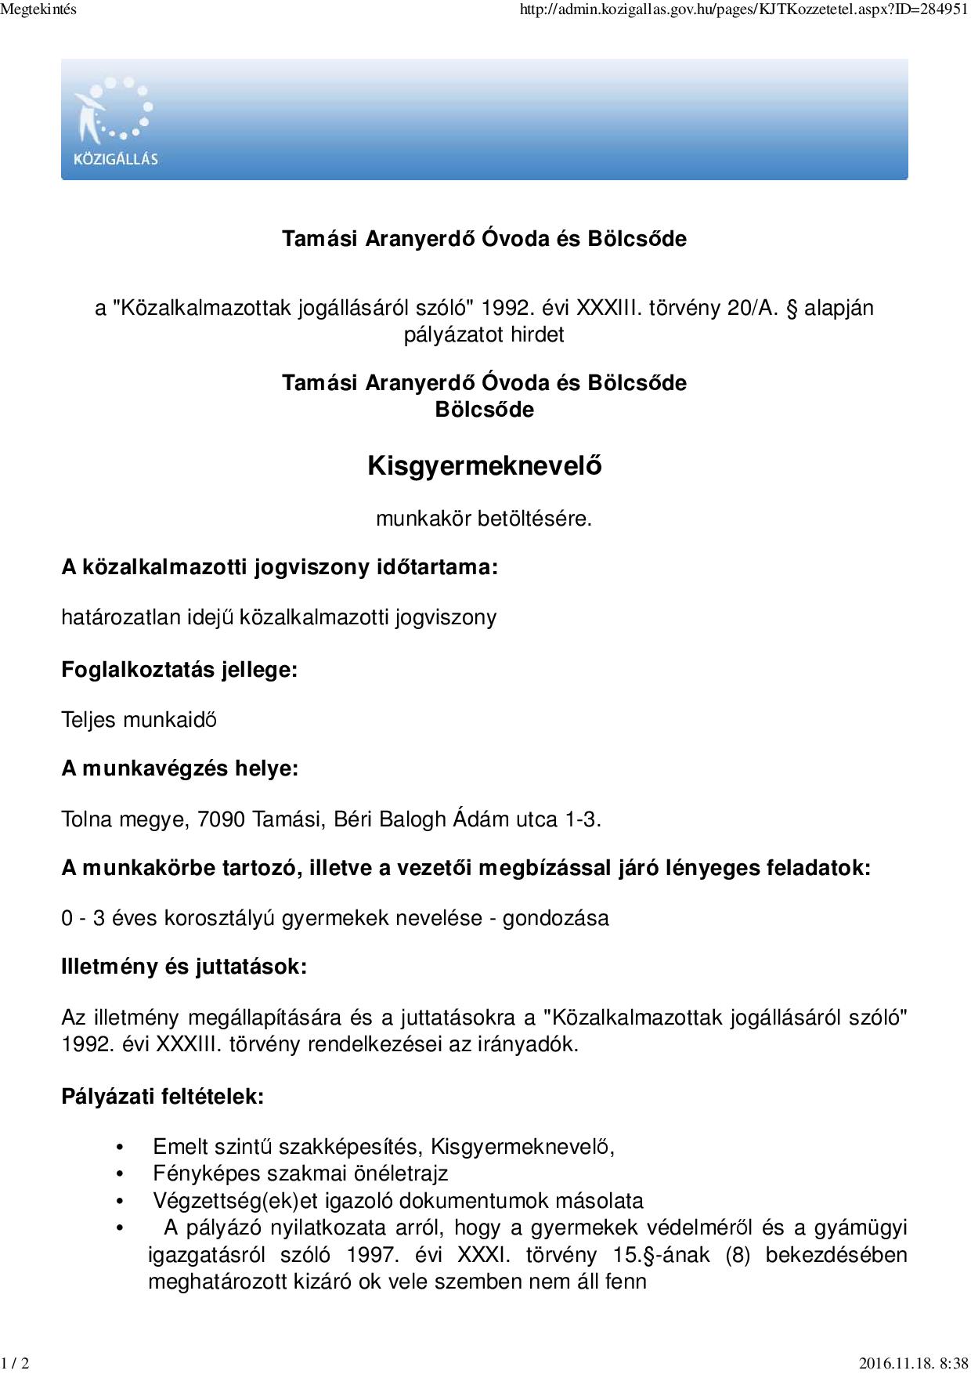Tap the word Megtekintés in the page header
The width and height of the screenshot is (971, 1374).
click(39, 10)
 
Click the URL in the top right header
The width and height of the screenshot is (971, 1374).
click(743, 11)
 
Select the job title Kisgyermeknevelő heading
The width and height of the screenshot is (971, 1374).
click(485, 466)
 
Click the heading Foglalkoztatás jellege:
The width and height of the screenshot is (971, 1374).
click(179, 671)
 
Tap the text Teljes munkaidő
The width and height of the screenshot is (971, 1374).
click(139, 720)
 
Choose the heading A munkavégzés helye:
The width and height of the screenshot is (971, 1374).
click(179, 768)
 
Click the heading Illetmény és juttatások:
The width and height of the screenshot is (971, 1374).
click(184, 967)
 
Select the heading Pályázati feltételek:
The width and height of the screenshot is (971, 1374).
click(162, 1096)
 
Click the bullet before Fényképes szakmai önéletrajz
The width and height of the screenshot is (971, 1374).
click(120, 1174)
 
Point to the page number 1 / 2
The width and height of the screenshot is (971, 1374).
click(16, 1364)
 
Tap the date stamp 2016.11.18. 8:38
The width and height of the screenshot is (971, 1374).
click(913, 1364)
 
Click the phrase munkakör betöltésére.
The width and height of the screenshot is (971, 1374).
click(483, 519)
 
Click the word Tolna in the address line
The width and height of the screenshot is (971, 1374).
click(87, 819)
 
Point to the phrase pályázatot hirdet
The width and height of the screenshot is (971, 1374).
click(484, 334)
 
